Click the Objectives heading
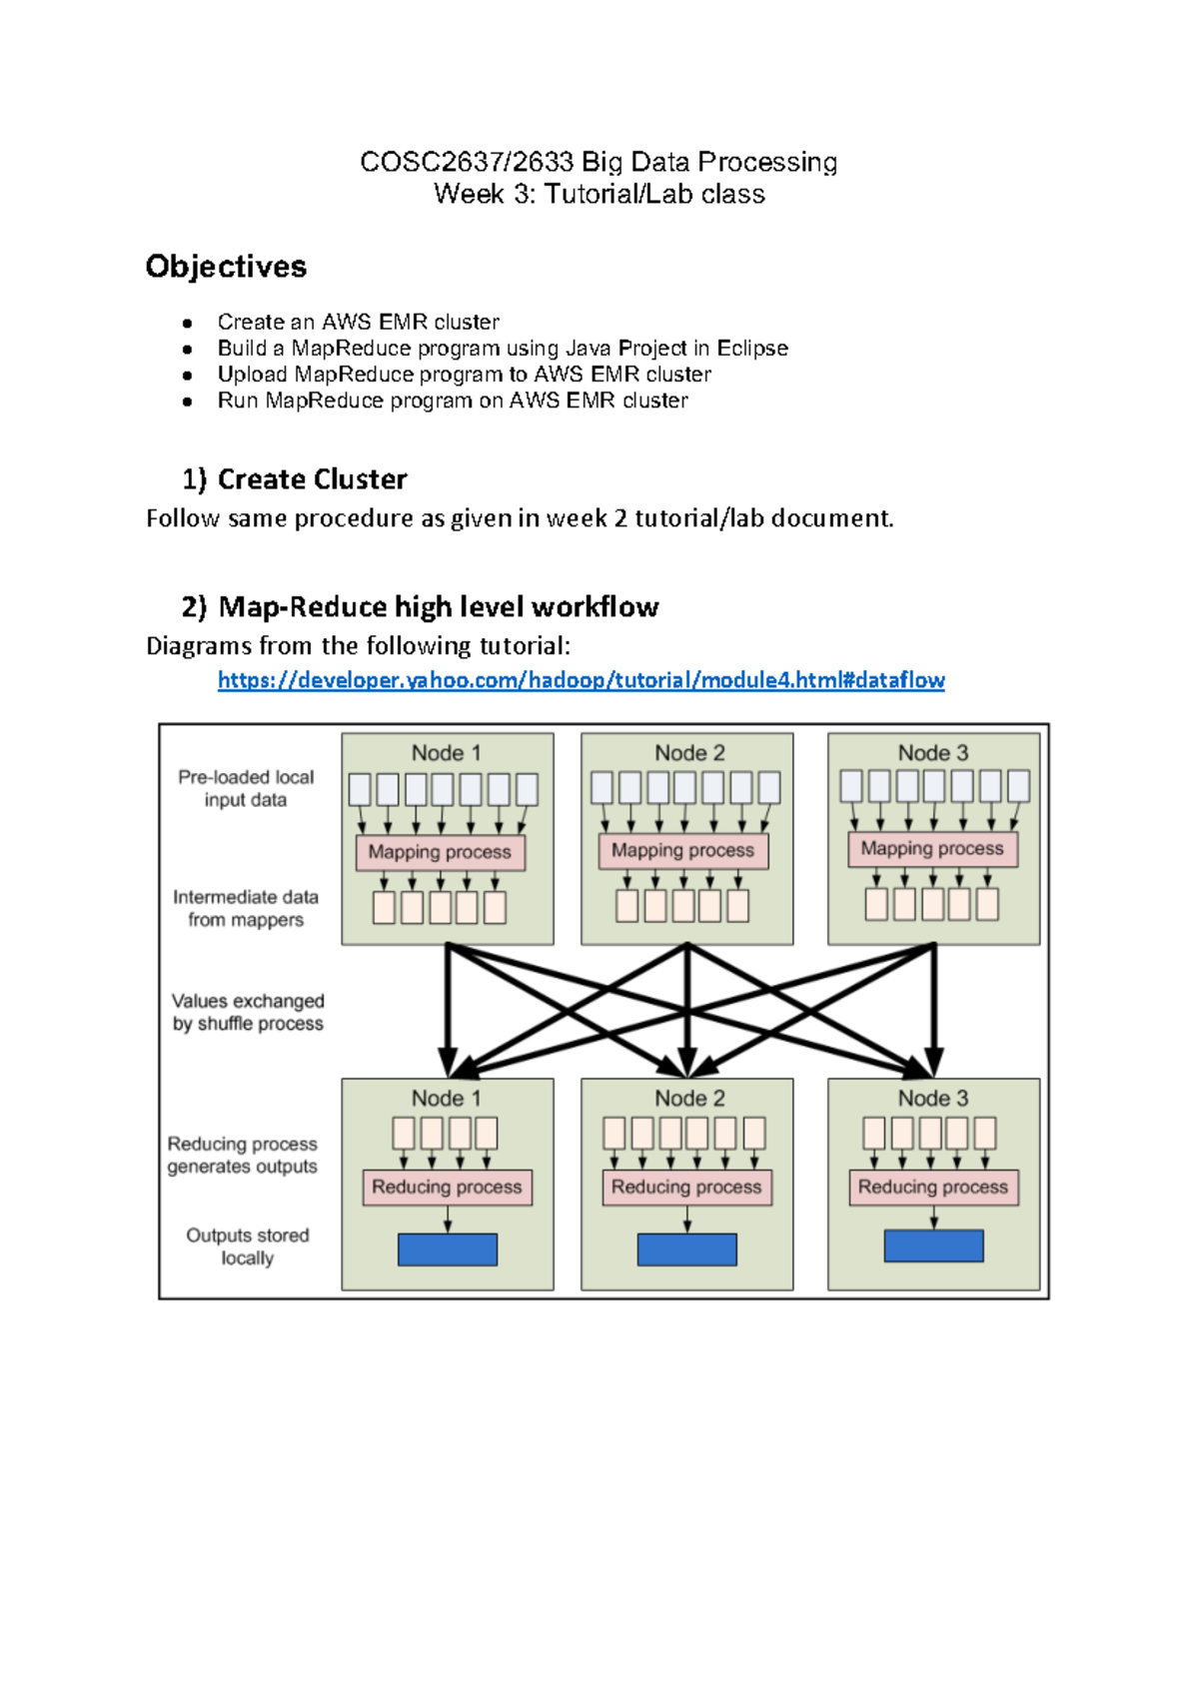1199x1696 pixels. click(x=226, y=267)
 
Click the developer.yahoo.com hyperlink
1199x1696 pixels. click(x=581, y=680)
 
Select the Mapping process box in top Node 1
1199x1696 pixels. click(x=440, y=852)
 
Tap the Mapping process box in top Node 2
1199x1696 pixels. click(x=683, y=850)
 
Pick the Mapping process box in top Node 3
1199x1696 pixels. click(x=932, y=848)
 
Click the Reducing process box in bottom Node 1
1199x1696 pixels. click(x=447, y=1187)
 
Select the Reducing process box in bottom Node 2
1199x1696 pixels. click(x=686, y=1187)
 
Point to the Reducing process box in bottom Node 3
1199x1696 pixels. click(x=933, y=1187)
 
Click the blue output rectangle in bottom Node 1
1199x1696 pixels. click(x=448, y=1250)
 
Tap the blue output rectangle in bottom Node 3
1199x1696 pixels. click(x=933, y=1246)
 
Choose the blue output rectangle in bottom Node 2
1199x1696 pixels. click(x=686, y=1250)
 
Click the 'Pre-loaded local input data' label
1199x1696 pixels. click(x=246, y=788)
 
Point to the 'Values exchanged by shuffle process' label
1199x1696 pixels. click(x=248, y=1012)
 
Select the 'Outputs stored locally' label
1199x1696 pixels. click(x=248, y=1247)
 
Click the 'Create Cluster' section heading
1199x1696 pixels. click(x=312, y=479)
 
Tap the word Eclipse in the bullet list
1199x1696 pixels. click(x=752, y=349)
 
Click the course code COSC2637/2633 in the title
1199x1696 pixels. click(x=467, y=162)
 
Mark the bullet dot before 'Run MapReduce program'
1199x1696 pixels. click(x=187, y=402)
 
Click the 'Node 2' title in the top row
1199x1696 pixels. click(x=689, y=753)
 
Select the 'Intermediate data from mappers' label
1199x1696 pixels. click(x=246, y=908)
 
